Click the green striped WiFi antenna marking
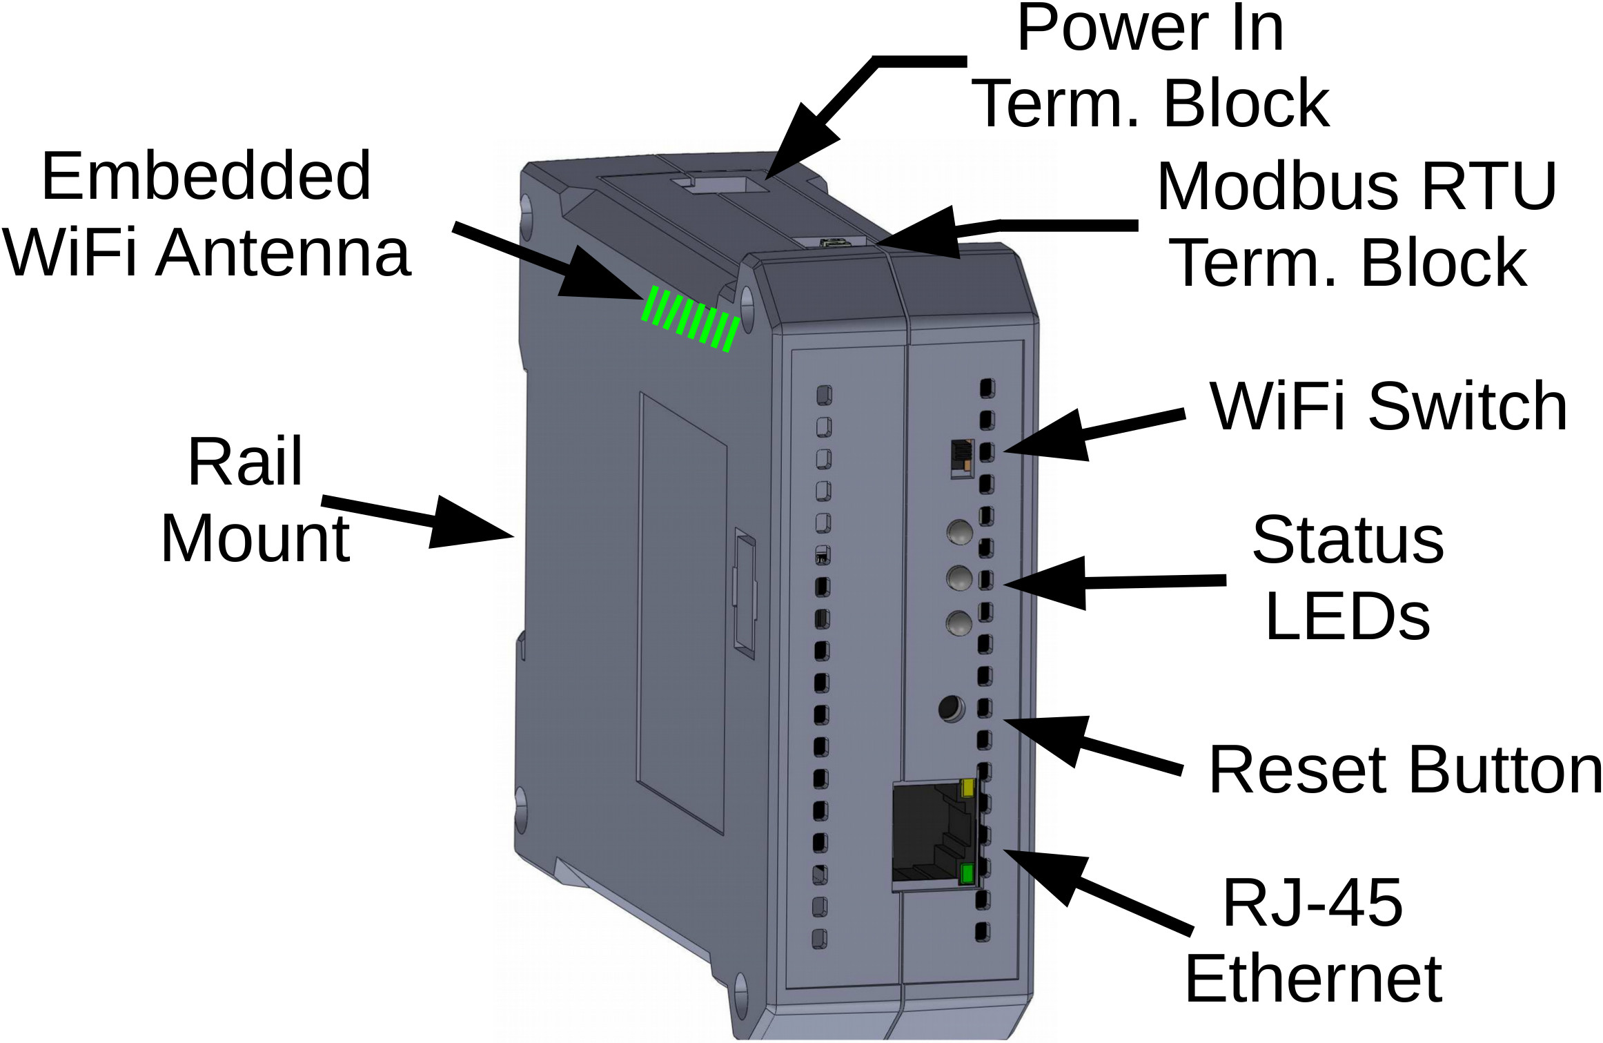691,320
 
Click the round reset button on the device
952,708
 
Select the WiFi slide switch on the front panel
961,458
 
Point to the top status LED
960,532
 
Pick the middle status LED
959,578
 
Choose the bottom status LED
959,623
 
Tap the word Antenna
283,253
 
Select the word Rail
245,462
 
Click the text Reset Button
1404,770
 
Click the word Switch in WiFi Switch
1467,407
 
